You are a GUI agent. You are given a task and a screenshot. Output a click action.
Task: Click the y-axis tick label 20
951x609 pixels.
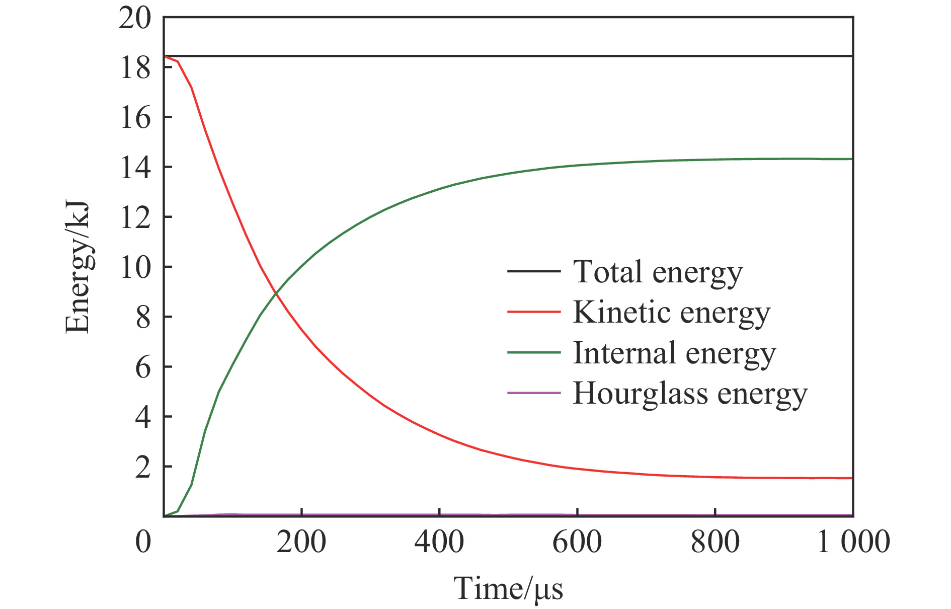[134, 19]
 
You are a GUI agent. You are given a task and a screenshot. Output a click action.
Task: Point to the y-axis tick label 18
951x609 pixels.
[135, 67]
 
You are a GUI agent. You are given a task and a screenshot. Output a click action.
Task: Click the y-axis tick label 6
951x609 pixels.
[142, 367]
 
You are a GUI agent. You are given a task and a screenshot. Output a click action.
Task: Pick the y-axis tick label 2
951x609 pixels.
[142, 468]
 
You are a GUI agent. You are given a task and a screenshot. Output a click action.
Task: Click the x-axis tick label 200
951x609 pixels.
[301, 543]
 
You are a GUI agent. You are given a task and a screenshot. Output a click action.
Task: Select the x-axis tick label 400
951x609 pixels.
[439, 543]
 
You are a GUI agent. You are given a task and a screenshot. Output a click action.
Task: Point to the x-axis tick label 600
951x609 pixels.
[577, 543]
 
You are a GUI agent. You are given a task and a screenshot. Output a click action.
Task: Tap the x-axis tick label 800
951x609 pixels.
[715, 543]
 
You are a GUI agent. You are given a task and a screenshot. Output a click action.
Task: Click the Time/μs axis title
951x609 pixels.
[508, 588]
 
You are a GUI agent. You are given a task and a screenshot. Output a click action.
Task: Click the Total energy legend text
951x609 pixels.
[658, 272]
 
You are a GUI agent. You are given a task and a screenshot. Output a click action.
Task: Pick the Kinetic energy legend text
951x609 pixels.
[671, 313]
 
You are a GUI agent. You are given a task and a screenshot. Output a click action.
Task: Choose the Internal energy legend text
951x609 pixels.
[674, 353]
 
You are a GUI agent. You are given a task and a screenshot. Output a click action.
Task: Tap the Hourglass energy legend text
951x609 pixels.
[690, 394]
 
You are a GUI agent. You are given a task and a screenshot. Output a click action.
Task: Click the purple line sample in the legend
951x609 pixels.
[533, 393]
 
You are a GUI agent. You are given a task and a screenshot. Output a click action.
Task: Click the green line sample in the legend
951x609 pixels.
[533, 352]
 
